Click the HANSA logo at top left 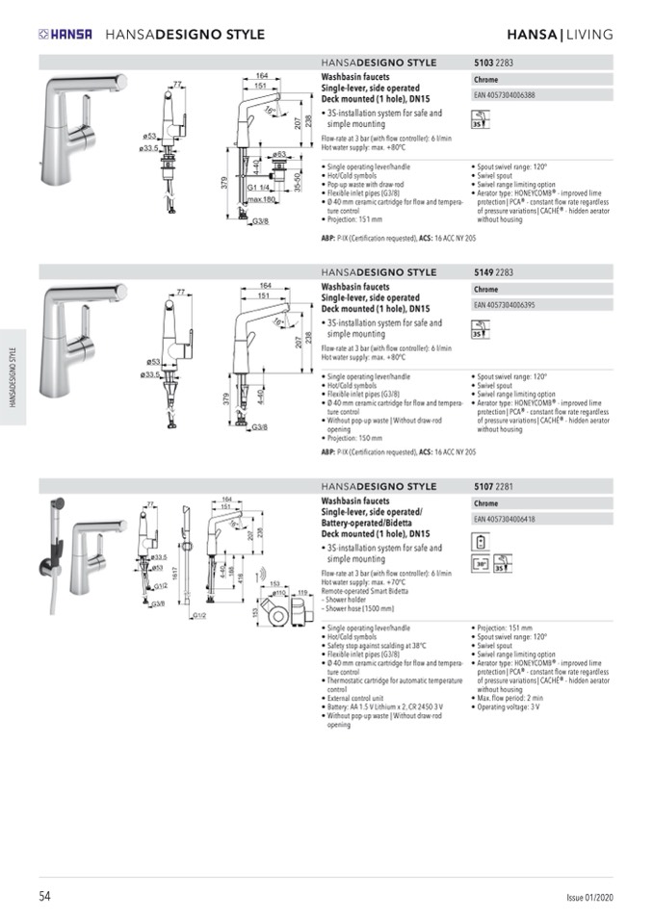(x=65, y=35)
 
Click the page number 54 (x=44, y=896)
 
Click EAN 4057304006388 (x=505, y=95)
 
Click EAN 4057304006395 (x=505, y=304)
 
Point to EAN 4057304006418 (x=505, y=520)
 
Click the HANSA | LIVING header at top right (x=560, y=35)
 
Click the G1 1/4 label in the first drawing (x=257, y=187)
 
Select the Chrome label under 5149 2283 (x=486, y=289)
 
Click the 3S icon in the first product (x=479, y=122)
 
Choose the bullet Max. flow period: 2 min (x=510, y=697)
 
